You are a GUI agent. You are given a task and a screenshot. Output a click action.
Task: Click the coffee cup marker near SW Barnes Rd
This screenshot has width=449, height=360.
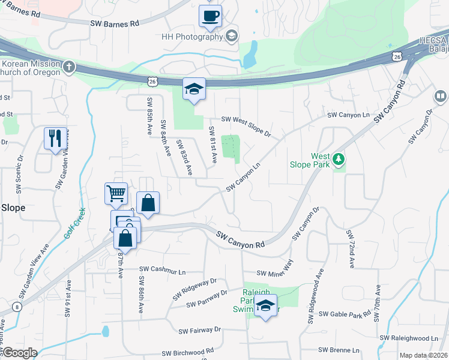pos(210,17)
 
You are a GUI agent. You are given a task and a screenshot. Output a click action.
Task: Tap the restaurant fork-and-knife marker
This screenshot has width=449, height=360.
pos(55,139)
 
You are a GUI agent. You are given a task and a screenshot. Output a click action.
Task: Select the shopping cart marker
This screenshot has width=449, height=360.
pos(116,194)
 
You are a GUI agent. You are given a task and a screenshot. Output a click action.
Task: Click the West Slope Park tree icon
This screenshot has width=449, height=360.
pos(340,160)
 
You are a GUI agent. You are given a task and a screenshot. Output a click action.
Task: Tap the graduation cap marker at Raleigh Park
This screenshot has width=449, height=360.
pos(265,306)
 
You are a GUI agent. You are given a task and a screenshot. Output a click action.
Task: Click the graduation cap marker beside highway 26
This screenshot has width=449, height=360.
pos(194,89)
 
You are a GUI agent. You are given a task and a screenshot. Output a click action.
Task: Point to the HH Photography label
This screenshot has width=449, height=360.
pos(192,37)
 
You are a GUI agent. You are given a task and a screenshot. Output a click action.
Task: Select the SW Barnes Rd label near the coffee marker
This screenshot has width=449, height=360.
pos(115,23)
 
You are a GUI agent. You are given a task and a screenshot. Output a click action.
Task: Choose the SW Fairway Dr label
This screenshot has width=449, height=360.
pos(200,330)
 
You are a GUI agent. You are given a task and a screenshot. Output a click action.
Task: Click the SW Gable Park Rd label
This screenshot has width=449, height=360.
pos(345,314)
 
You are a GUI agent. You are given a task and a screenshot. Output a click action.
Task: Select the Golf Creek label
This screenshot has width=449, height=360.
pos(75,223)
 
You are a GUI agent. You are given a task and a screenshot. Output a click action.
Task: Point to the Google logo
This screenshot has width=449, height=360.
pos(20,353)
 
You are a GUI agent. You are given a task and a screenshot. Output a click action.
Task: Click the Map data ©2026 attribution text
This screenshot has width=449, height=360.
pos(423,355)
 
